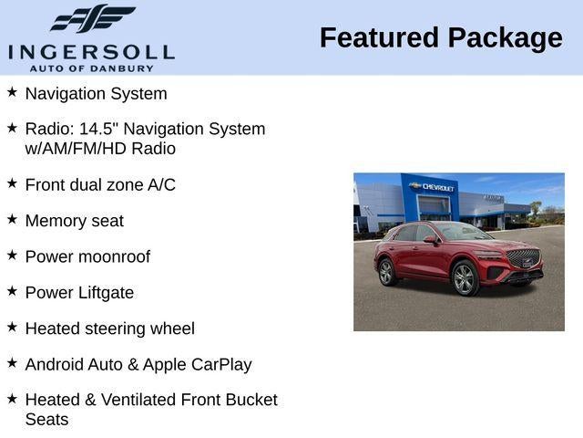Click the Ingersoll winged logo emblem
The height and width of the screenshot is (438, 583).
coord(91,18)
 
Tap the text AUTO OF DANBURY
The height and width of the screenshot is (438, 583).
coord(91,68)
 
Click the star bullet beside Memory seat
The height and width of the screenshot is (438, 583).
coord(12,219)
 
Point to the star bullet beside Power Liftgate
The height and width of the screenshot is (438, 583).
coord(12,291)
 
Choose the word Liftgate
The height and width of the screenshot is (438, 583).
coord(104,293)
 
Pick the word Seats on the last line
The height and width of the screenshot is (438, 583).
coord(46,419)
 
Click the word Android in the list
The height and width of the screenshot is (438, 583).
coord(56,364)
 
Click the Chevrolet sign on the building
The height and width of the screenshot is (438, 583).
coord(433,186)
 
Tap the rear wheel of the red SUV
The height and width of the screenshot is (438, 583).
coord(386,271)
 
